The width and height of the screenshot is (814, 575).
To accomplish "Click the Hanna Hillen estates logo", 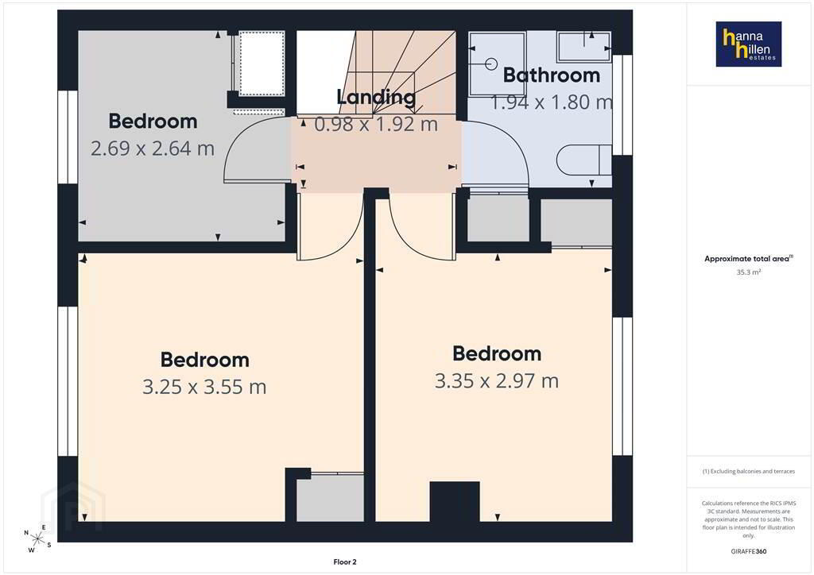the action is pos(749,44).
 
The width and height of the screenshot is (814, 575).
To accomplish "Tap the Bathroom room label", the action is pos(552,75).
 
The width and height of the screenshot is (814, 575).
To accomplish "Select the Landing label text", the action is pos(376,98).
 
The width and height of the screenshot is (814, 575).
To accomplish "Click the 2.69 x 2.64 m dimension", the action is pos(153,149).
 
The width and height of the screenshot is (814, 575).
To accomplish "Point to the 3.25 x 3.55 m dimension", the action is pos(204,387).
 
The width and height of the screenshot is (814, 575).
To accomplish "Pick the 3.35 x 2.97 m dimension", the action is pos(497,381).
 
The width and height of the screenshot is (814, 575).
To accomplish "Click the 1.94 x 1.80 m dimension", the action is pos(552,102).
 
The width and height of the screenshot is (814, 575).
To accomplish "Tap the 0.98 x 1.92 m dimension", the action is pos(376,124).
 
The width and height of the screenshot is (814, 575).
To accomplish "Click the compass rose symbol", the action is pos(37,538).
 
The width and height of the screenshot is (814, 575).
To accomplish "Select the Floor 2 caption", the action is pos(345,562).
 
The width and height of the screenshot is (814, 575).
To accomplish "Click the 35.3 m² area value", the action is pos(749,272).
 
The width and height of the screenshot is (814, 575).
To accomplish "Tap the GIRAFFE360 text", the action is pos(749,551).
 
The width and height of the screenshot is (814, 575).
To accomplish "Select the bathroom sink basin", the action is pos(584,46).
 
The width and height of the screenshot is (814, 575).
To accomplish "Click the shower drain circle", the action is pos(490,64).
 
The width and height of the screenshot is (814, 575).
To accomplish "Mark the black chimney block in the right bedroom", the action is pos(455,502).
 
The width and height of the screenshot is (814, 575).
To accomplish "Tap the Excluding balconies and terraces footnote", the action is pos(749,471).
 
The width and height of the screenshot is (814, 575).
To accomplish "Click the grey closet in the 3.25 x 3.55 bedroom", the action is pos(330,498).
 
